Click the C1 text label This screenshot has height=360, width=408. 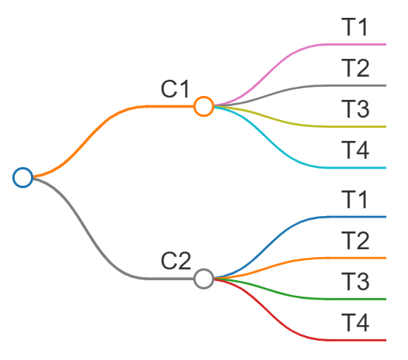click(175, 89)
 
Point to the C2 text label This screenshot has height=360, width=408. click(176, 261)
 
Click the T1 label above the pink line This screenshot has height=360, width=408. click(354, 27)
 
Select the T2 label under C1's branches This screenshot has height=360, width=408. click(355, 68)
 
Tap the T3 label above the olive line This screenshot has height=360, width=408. click(355, 108)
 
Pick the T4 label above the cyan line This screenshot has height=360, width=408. click(355, 150)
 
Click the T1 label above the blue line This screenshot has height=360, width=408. click(354, 200)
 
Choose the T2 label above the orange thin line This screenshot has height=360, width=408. click(355, 240)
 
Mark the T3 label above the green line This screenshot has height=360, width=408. click(355, 282)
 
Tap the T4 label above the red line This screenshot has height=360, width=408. click(355, 323)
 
